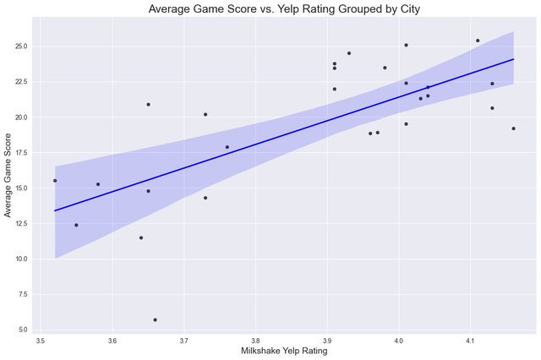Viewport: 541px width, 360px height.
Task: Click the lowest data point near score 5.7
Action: [x=155, y=319]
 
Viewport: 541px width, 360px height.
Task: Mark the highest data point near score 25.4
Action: [x=478, y=41]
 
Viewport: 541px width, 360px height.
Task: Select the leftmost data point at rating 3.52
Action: [x=55, y=180]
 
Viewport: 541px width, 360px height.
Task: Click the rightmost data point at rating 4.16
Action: [x=513, y=128]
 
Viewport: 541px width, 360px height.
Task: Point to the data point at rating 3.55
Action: [x=76, y=225]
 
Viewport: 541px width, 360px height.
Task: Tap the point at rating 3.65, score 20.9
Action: [x=148, y=104]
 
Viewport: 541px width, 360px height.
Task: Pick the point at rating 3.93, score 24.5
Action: [x=348, y=53]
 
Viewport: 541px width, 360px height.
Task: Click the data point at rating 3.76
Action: [x=227, y=147]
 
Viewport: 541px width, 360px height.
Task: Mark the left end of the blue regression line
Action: [x=55, y=210]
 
